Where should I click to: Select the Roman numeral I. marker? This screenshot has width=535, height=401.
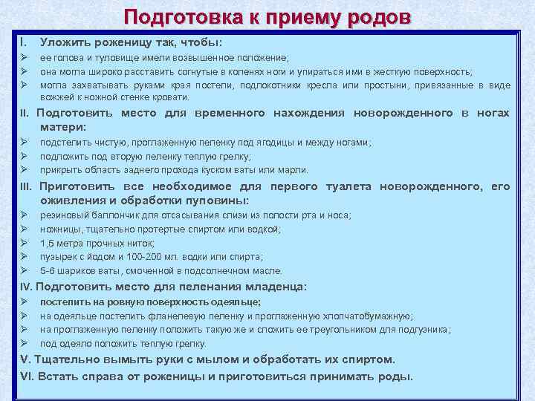(x=24, y=42)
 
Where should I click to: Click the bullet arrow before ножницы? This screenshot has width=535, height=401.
(x=24, y=229)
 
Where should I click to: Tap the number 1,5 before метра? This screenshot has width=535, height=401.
(x=48, y=243)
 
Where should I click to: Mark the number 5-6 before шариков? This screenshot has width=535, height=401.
(x=48, y=271)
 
